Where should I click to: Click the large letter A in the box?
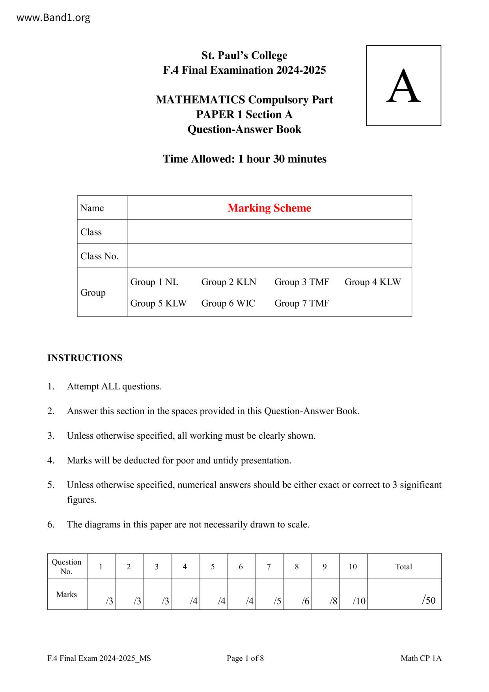tap(403, 86)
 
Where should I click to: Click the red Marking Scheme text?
tap(269, 208)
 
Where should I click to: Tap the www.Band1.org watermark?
tap(54, 17)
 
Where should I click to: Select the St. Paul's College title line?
tap(244, 55)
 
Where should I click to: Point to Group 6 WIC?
tap(228, 303)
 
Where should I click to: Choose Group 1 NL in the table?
tap(154, 282)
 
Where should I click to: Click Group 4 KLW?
tap(373, 282)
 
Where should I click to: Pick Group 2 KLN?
tap(229, 282)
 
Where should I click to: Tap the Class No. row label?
tap(99, 256)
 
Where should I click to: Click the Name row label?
tap(92, 208)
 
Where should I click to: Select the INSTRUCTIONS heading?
tap(85, 358)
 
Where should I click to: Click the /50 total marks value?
tap(429, 600)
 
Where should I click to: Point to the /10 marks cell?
tap(359, 601)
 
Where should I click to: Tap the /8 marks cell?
tap(334, 601)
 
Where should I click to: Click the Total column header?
tap(403, 567)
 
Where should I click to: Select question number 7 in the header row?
tap(269, 567)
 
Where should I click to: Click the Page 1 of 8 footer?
tap(245, 658)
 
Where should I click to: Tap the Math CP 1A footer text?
tap(421, 658)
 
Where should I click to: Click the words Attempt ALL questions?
tap(114, 386)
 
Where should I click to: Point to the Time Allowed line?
tap(244, 159)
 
